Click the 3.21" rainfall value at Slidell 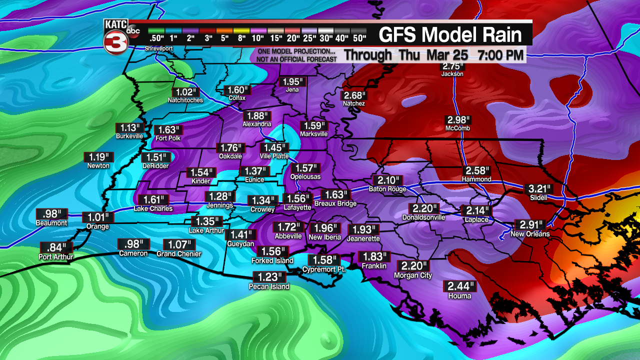(x=540, y=189)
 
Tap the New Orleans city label (x=530, y=234)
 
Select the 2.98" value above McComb (x=459, y=120)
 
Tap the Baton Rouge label (x=387, y=189)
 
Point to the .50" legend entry (x=156, y=38)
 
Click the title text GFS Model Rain (x=450, y=34)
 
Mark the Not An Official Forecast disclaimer (x=295, y=59)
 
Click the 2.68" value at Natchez (x=354, y=95)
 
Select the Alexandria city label (x=257, y=124)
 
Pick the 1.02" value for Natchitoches (x=185, y=92)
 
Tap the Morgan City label (x=413, y=275)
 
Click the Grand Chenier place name (x=179, y=254)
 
